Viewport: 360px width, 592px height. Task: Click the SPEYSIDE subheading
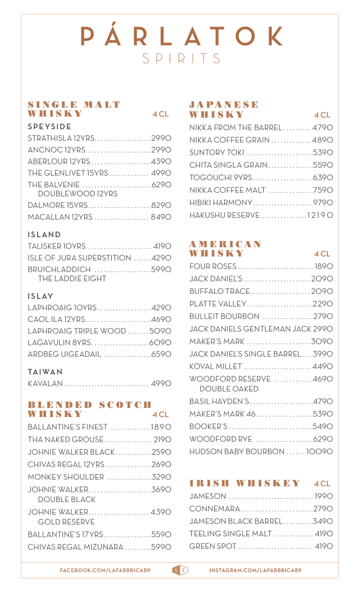(49, 126)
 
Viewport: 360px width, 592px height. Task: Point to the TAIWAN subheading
(45, 371)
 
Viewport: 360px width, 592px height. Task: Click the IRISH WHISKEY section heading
(245, 484)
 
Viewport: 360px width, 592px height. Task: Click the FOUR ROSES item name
(213, 266)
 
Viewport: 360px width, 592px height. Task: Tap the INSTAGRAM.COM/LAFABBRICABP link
(255, 570)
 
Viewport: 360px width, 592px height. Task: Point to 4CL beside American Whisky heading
(322, 254)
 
